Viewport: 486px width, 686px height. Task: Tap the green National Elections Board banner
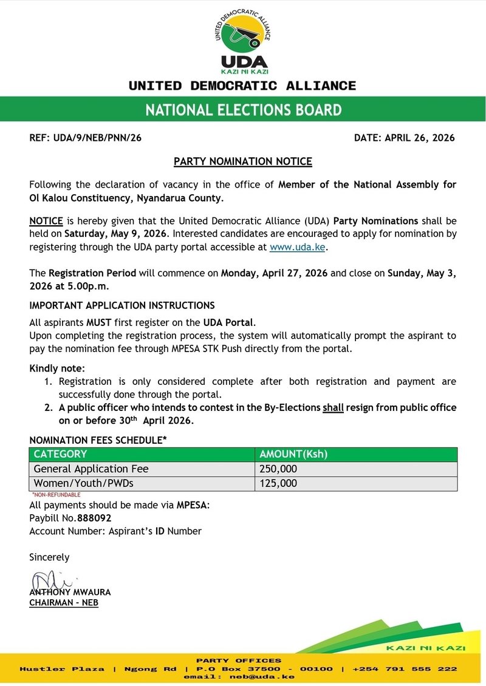tap(243, 110)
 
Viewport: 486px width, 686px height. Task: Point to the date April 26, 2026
tap(419, 138)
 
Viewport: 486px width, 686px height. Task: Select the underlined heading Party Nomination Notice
tap(243, 161)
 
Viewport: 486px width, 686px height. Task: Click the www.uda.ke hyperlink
tap(298, 248)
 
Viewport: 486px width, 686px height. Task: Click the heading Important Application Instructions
tap(122, 305)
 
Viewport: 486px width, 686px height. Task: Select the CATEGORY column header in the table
tap(61, 454)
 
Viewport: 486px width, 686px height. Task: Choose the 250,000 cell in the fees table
tap(278, 469)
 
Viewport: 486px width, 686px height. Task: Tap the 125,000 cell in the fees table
tap(278, 483)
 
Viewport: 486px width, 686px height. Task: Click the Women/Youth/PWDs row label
tap(83, 483)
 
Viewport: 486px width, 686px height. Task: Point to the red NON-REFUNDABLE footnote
tap(56, 495)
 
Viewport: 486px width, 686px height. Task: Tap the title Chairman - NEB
tap(64, 603)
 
